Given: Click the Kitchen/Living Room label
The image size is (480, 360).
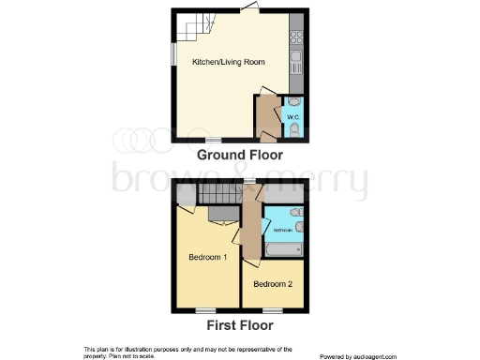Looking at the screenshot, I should point(229,62).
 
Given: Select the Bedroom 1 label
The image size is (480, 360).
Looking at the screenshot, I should point(207,258).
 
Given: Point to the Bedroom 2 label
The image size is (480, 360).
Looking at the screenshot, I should point(272,283).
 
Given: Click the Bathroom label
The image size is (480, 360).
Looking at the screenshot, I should point(280,230).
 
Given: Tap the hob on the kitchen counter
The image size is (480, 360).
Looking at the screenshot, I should point(297,38).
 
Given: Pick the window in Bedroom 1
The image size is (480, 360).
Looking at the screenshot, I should point(204,311).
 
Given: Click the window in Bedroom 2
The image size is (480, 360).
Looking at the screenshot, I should point(272,311).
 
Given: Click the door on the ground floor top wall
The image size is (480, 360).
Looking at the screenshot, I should point(248,9).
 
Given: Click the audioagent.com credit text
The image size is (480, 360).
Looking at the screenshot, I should point(358,356).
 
